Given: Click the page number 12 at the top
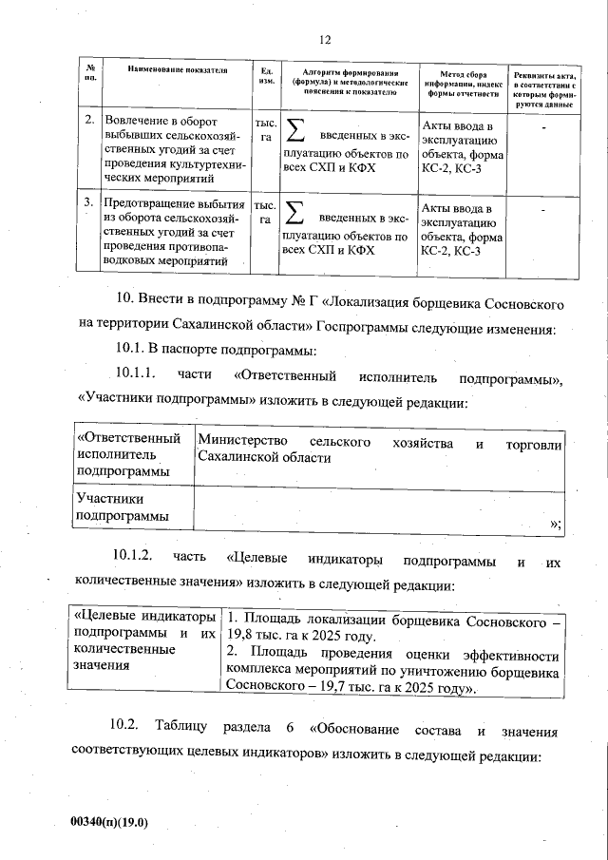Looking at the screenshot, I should [x=324, y=39].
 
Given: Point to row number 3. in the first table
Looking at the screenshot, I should [x=87, y=203].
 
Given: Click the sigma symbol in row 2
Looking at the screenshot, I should [x=295, y=129].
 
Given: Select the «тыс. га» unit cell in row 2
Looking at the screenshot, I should [x=266, y=130].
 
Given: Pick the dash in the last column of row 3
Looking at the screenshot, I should [x=543, y=205].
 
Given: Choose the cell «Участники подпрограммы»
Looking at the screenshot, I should [x=123, y=506].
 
